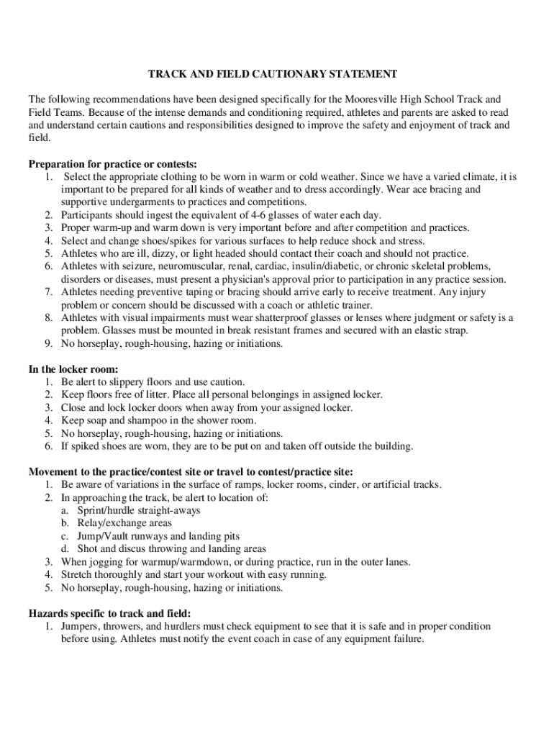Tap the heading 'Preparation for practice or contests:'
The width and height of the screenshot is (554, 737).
[x=112, y=164]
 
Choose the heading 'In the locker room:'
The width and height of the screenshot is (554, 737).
[x=73, y=369]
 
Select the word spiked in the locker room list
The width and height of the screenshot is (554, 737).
[x=85, y=446]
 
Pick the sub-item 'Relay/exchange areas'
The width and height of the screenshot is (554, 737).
[x=124, y=523]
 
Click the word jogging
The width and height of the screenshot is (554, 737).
[x=103, y=561]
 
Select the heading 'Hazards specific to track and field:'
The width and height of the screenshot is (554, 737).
[x=109, y=613]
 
